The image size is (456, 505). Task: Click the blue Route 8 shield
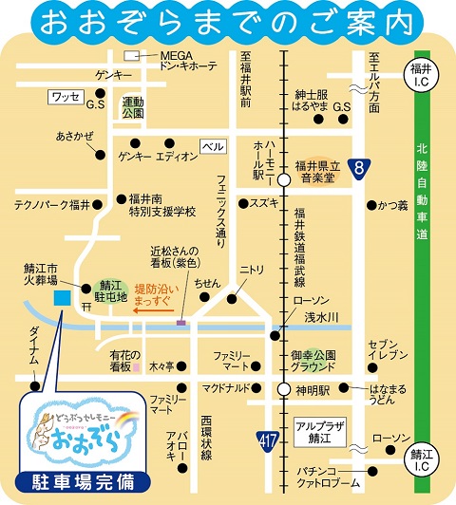[356, 170]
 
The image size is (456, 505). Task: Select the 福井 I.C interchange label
[421, 72]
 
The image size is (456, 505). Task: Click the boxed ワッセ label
[65, 96]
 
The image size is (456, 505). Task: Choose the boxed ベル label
[214, 147]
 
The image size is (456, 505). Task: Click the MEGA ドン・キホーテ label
[189, 61]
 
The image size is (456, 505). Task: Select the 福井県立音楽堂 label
[318, 170]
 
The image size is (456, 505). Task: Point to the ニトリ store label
[252, 270]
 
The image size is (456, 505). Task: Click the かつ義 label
[392, 204]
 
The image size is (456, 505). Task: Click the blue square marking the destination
[62, 298]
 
